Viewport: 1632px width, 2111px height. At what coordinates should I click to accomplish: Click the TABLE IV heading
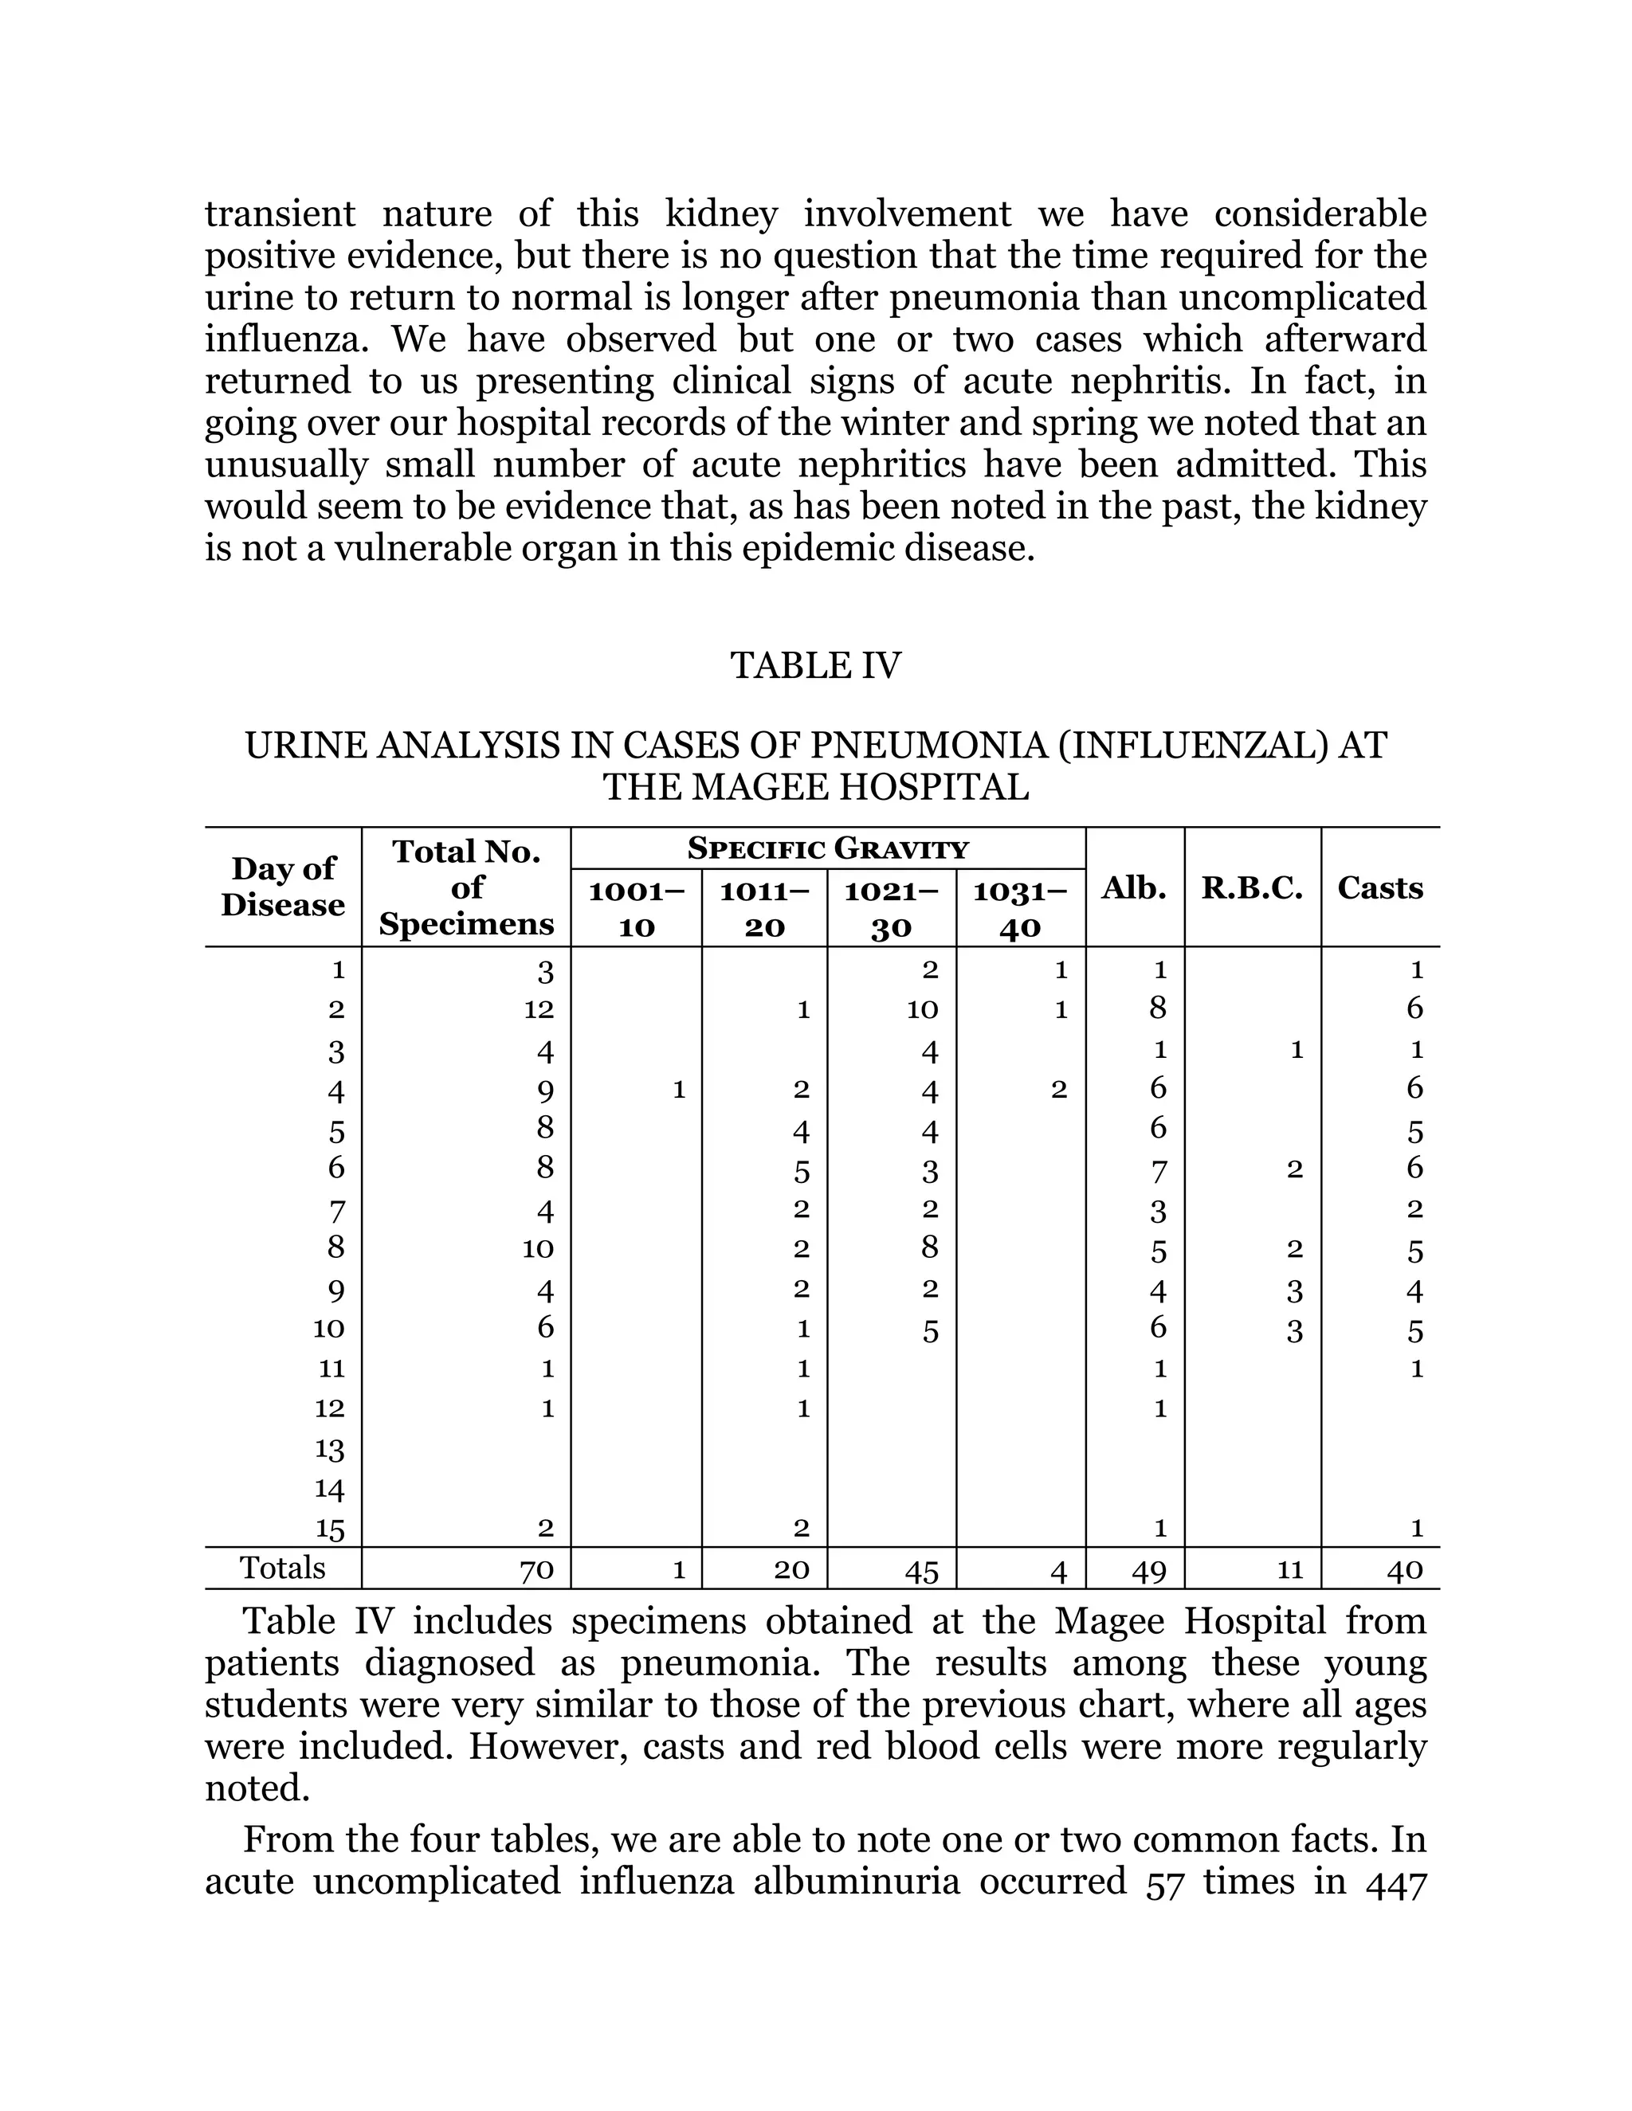click(815, 665)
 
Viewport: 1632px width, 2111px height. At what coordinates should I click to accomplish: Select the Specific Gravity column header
click(828, 848)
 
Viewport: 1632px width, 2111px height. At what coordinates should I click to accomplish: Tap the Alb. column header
click(1134, 887)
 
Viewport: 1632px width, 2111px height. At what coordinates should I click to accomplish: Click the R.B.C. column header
click(1252, 887)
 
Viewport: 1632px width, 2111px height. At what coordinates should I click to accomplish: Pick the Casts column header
click(1379, 887)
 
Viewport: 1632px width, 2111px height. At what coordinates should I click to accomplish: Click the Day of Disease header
click(282, 887)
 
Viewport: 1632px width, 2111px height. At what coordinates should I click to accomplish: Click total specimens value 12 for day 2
click(539, 1009)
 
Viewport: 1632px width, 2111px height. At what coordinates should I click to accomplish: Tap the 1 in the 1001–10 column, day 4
click(679, 1089)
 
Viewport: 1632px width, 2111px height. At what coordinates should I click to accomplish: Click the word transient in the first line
click(280, 213)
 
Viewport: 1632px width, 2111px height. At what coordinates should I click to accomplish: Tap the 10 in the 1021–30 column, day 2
click(922, 1009)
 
